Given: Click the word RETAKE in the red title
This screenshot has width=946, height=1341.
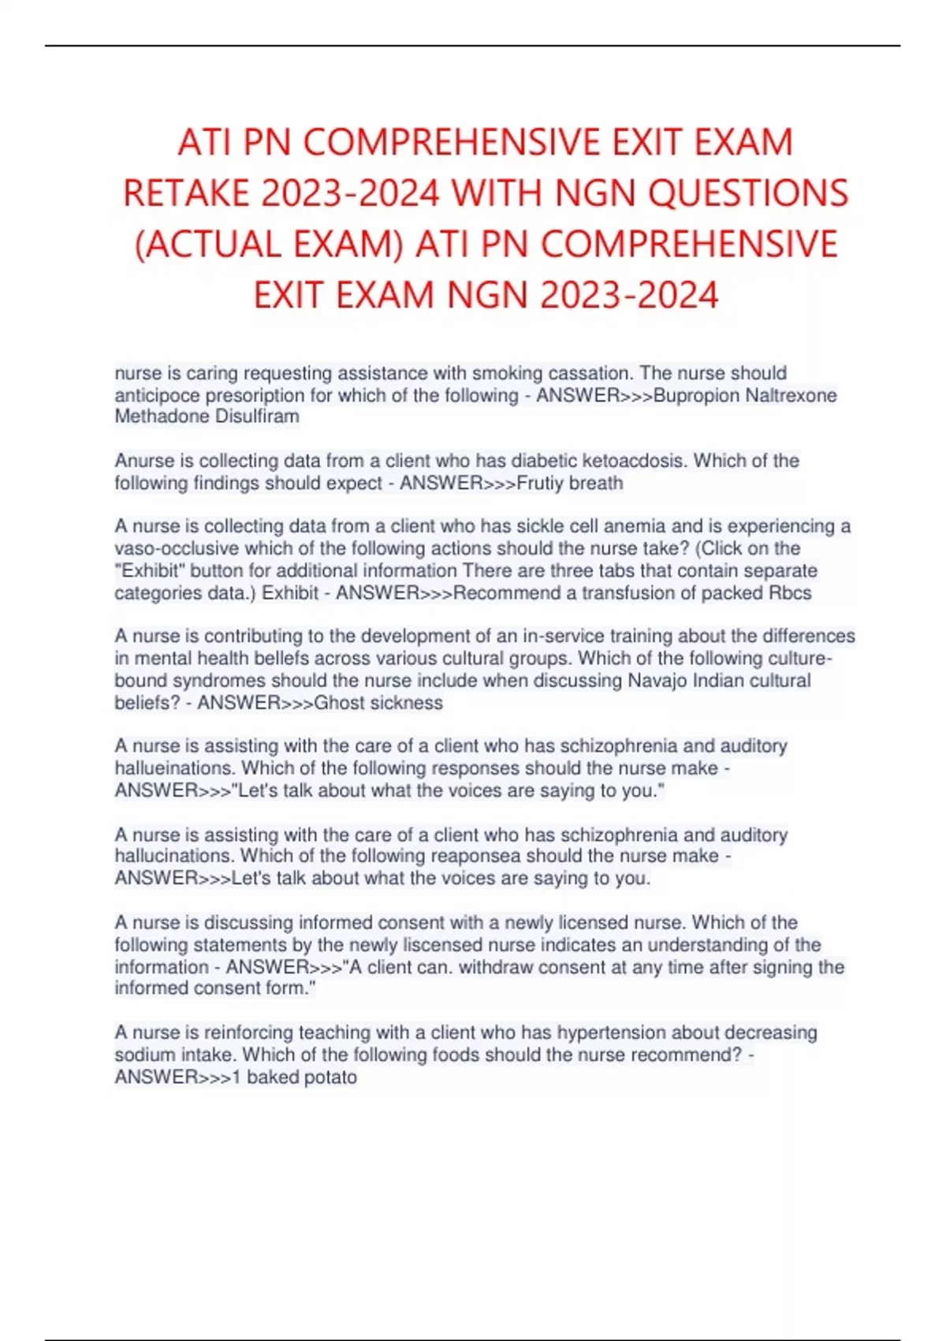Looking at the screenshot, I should tap(184, 193).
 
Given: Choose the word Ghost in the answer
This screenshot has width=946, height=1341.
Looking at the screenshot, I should tap(339, 703).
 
